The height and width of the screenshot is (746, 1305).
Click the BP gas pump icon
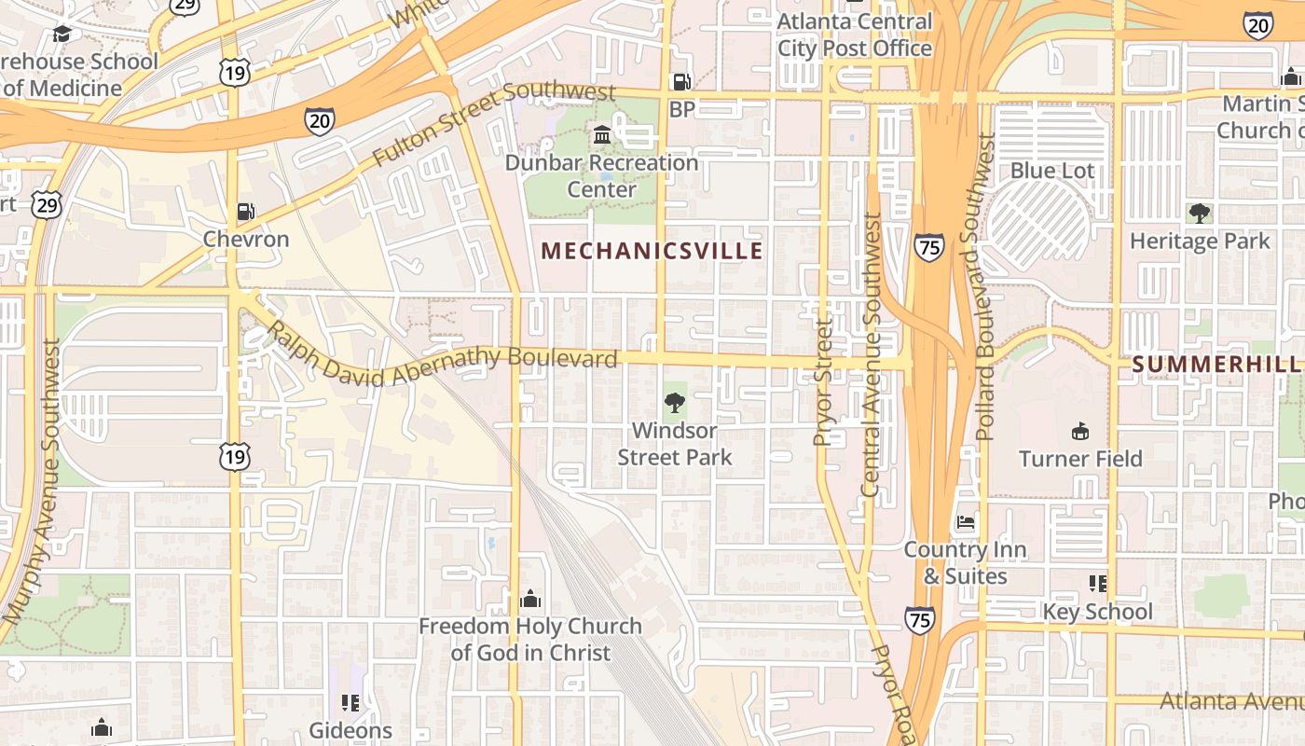[x=682, y=82]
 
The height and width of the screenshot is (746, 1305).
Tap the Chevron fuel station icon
[x=245, y=212]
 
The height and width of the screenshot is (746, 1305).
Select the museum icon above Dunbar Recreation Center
[x=601, y=135]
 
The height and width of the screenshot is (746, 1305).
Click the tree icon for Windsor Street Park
[x=674, y=404]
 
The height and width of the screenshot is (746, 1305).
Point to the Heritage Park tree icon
[x=1200, y=214]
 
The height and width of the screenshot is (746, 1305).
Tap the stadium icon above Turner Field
[x=1080, y=431]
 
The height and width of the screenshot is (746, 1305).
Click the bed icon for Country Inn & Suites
[x=966, y=522]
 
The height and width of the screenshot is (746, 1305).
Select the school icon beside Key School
[x=1098, y=584]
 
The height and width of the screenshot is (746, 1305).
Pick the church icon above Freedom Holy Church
[x=530, y=598]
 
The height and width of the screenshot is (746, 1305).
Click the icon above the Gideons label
[x=350, y=702]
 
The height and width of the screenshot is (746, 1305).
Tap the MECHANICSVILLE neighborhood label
[x=652, y=251]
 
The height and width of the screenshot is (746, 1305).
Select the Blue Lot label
[x=1052, y=171]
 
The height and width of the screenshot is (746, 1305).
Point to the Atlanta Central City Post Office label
[x=855, y=35]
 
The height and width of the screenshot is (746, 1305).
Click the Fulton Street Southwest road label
[x=494, y=121]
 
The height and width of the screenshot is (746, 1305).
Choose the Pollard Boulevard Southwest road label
[x=985, y=286]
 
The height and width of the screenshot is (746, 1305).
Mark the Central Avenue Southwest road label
[x=871, y=354]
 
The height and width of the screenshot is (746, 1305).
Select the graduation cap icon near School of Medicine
[x=62, y=35]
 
